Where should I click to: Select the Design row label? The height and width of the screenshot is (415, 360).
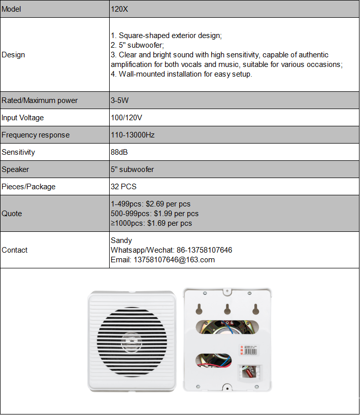13,55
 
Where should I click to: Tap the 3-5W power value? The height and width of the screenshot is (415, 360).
120,100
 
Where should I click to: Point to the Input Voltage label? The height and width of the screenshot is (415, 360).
23,118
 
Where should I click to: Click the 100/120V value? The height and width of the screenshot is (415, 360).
126,118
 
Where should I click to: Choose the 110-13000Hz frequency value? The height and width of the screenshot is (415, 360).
133,135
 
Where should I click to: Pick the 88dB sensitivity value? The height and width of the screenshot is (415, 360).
119,152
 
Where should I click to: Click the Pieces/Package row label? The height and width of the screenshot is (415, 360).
28,187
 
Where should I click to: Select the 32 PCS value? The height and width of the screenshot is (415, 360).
123,187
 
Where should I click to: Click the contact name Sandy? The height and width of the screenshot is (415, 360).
121,240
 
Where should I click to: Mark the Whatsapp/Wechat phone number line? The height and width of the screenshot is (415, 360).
171,250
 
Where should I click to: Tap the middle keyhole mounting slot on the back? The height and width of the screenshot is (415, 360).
227,308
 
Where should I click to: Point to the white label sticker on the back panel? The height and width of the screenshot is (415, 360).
249,350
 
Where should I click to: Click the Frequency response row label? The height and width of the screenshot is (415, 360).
36,135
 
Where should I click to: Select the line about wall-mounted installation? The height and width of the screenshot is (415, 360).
181,74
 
